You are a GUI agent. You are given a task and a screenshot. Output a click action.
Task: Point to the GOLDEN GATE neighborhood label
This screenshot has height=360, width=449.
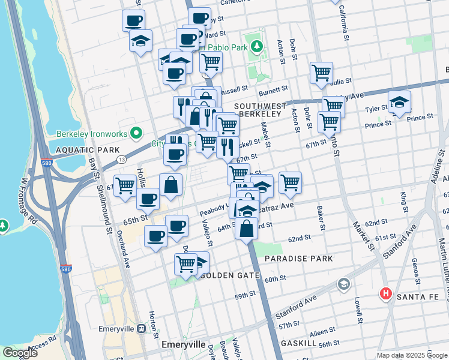pos(234,275)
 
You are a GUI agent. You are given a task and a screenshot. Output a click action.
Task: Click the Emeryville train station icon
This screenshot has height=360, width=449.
pos(142,328)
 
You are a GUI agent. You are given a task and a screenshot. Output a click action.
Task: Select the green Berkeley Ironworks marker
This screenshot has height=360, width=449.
pos(136,133)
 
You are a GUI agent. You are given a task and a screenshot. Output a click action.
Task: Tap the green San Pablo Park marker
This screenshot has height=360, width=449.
pos(257,46)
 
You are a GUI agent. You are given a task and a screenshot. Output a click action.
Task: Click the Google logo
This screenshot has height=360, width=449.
pos(20,353)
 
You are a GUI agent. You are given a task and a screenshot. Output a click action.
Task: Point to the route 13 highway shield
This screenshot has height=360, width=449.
pos(122,159)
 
